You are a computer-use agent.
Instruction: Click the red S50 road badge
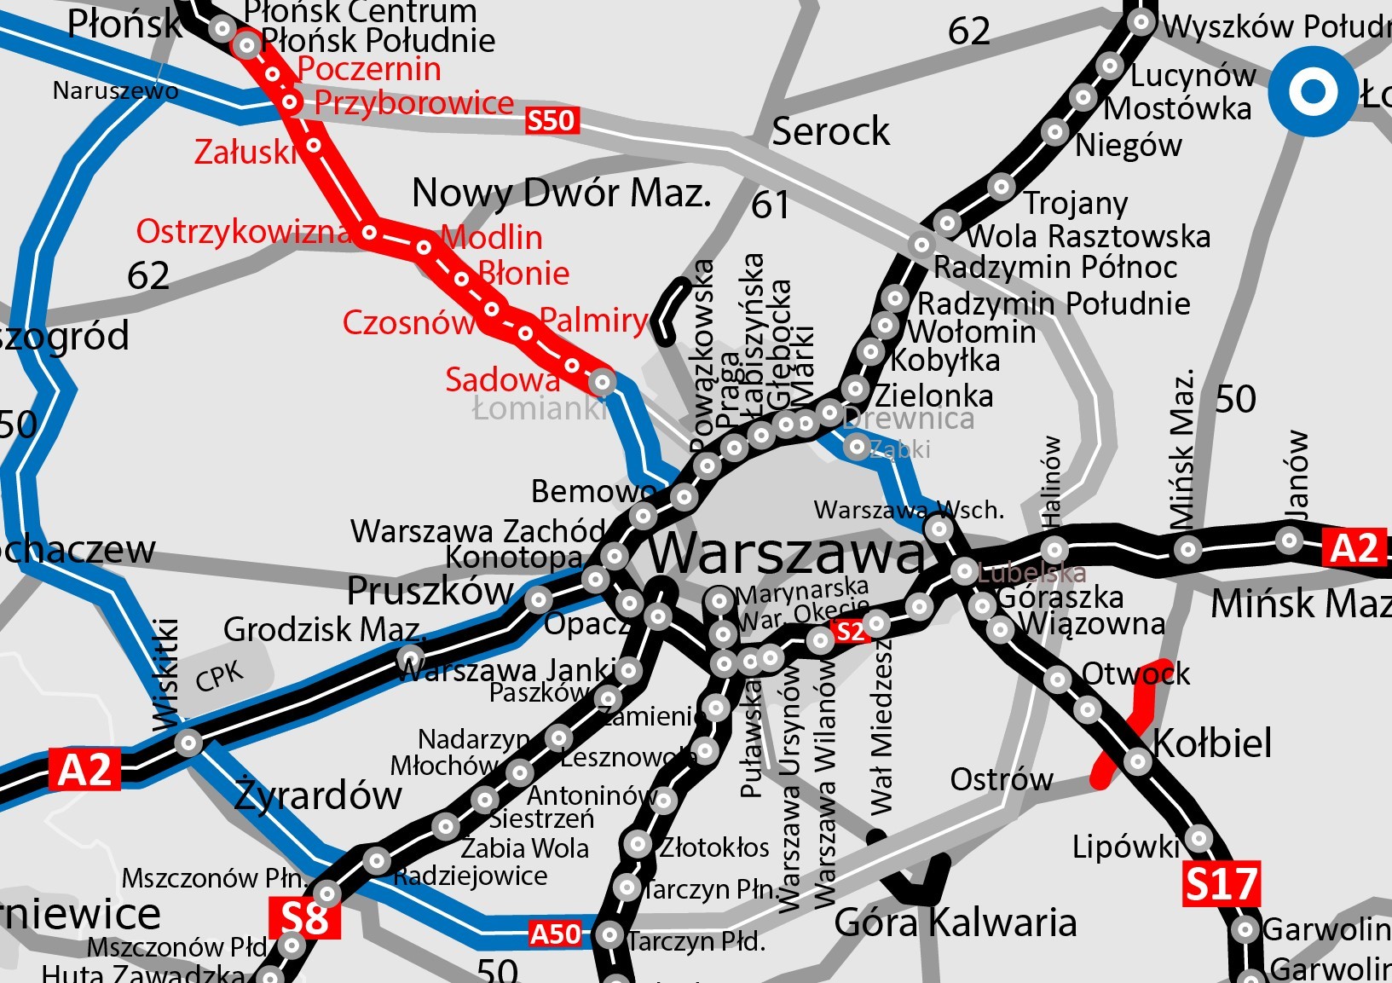coord(552,120)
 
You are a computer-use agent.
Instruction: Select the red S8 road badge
coord(304,918)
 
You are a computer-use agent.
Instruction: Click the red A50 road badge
coord(555,934)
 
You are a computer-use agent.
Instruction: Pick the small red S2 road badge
coord(850,631)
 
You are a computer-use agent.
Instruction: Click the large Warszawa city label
coord(788,553)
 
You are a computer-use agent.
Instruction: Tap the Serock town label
coord(830,131)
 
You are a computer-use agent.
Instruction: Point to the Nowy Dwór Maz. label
coord(561,194)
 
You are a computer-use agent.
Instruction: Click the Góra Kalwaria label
coord(955,922)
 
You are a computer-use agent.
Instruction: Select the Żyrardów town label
coord(318,795)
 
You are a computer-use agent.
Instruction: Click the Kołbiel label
coord(1212,743)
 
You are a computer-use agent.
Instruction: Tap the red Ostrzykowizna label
coord(244,231)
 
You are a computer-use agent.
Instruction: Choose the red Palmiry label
coord(594,320)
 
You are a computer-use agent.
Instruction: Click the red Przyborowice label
coord(414,102)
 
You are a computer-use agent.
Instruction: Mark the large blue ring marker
coord(1312,90)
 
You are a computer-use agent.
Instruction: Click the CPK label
coord(219,677)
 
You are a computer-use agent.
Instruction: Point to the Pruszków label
coord(430,590)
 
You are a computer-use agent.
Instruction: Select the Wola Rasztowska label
coord(1089,235)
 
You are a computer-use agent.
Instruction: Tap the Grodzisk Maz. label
coord(324,629)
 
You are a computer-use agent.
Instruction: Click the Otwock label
coord(1135,674)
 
